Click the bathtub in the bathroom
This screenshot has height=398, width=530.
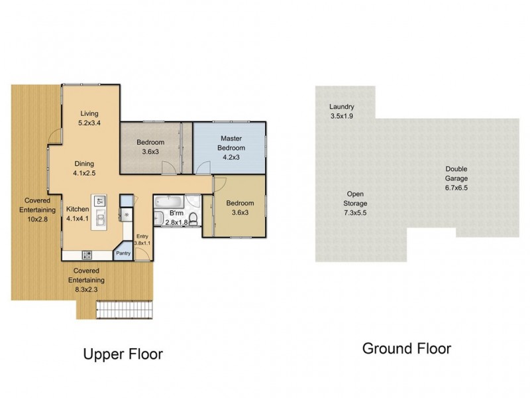point(169,202)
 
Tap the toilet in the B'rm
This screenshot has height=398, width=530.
point(193,219)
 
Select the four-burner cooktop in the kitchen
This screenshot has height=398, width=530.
point(87,255)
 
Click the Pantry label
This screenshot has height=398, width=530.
point(123,253)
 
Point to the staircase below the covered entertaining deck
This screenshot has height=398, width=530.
point(125,310)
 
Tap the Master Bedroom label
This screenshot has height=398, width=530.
point(231,143)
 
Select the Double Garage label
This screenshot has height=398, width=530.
point(456,173)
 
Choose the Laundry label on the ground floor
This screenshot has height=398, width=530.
point(342,107)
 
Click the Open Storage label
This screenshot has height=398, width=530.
point(355,198)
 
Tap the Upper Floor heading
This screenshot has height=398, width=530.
point(123,354)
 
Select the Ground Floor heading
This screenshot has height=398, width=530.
point(407,349)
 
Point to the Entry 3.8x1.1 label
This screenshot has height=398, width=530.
point(142,239)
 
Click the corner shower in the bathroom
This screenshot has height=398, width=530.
point(193,202)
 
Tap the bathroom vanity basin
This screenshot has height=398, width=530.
point(158,218)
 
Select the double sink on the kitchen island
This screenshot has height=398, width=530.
point(101,218)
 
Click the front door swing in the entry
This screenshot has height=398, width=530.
point(142,254)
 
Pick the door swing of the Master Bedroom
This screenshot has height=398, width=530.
point(203,168)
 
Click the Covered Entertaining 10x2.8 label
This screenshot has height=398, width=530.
point(38,210)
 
